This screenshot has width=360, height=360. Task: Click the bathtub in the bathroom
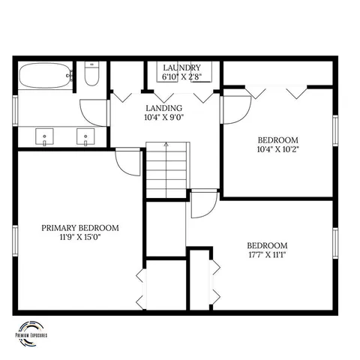(x=45, y=76)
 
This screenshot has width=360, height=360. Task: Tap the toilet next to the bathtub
(x=90, y=75)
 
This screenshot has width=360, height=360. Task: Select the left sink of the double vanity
(x=46, y=138)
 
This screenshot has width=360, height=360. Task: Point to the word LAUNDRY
(x=182, y=67)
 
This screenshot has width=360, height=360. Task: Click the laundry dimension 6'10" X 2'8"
(x=182, y=76)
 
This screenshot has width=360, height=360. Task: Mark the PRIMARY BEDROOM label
(x=80, y=228)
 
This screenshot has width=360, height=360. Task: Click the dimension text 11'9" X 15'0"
(x=80, y=237)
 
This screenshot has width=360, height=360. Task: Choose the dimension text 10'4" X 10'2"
(x=278, y=148)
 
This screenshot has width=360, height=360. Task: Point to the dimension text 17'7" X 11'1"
(x=268, y=254)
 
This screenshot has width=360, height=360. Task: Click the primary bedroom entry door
(x=129, y=162)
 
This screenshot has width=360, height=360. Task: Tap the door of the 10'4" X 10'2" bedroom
(x=234, y=109)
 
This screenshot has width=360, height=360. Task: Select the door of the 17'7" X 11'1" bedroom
(x=202, y=204)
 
